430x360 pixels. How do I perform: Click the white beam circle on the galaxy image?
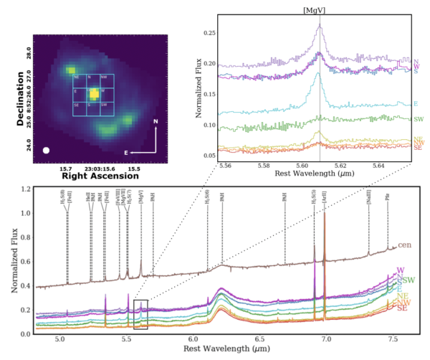47,151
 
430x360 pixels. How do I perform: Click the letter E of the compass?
127,153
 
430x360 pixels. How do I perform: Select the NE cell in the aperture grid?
77,77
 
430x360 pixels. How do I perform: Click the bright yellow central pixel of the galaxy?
92,93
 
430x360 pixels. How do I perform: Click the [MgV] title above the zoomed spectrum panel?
320,10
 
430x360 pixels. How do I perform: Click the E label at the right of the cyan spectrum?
415,104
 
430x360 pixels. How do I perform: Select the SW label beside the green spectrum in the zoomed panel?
417,119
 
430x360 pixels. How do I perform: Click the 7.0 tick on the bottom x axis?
326,341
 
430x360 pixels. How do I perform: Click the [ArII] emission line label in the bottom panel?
324,205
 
